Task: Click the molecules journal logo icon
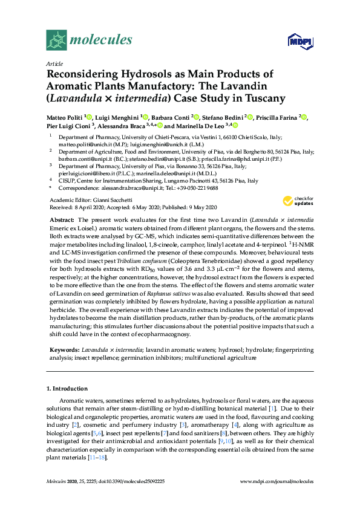tap(56, 40)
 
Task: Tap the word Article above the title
tap(54, 63)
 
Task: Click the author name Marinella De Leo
tap(199, 126)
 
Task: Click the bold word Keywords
tap(63, 349)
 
